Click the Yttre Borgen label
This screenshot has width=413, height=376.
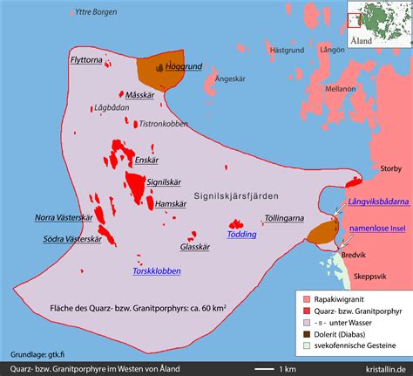(98, 12)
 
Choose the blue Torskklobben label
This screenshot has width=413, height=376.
(157, 270)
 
